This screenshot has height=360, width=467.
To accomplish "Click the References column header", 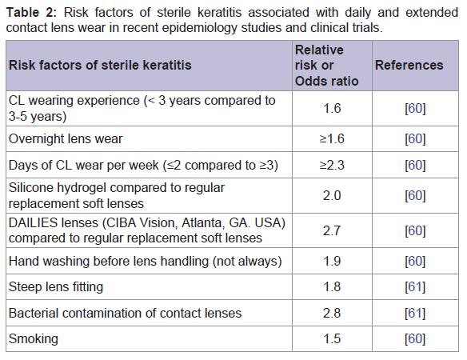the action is (409, 66).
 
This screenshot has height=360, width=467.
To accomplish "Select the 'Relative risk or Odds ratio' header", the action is (326, 66).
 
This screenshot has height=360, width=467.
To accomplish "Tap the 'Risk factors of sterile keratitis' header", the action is (100, 66).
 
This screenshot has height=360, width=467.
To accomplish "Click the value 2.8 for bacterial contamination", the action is (332, 314).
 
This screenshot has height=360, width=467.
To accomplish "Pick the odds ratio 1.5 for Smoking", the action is (332, 339).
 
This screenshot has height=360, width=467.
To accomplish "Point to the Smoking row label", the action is (34, 339).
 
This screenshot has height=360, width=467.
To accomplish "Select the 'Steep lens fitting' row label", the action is (56, 287).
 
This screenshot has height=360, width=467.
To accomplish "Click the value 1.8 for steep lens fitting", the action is (332, 287).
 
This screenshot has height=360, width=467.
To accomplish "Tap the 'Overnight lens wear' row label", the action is (66, 139).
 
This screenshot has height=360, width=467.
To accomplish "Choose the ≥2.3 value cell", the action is (332, 165).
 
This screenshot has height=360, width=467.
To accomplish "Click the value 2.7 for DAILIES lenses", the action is (332, 230).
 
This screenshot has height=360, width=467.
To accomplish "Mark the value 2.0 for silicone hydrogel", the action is (332, 196).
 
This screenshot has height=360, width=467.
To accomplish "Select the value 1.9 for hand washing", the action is (332, 261).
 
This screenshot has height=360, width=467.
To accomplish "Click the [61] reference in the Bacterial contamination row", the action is (415, 314).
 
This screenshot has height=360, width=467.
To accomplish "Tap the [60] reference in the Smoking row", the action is (415, 339).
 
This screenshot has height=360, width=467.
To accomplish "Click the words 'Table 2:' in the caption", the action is (31, 13).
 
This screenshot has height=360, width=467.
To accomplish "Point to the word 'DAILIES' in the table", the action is (33, 223).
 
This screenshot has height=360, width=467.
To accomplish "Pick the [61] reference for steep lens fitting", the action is (415, 287).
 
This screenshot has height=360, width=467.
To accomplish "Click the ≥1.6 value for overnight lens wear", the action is (332, 139).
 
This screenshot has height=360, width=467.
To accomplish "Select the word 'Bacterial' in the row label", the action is (34, 314).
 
